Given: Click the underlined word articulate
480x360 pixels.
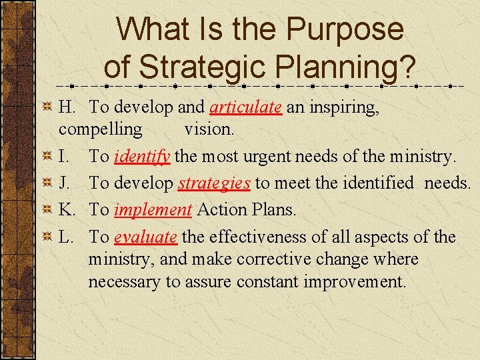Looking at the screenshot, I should [x=245, y=107].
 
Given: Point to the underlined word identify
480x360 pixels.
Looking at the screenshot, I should [x=143, y=157].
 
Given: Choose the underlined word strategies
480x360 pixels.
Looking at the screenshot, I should [x=214, y=183].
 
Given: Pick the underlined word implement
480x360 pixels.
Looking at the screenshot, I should [x=153, y=210].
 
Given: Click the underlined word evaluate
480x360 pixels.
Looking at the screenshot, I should [x=145, y=237].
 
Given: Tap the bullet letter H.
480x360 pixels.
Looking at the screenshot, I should [x=65, y=107].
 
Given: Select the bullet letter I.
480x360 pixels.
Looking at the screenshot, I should [x=63, y=157].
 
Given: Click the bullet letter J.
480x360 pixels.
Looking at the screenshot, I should [x=63, y=183].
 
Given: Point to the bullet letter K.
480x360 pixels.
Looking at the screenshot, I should [x=65, y=210].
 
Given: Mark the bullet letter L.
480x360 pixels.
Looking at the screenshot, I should [x=65, y=237].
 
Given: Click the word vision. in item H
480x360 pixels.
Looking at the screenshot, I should [x=209, y=129].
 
